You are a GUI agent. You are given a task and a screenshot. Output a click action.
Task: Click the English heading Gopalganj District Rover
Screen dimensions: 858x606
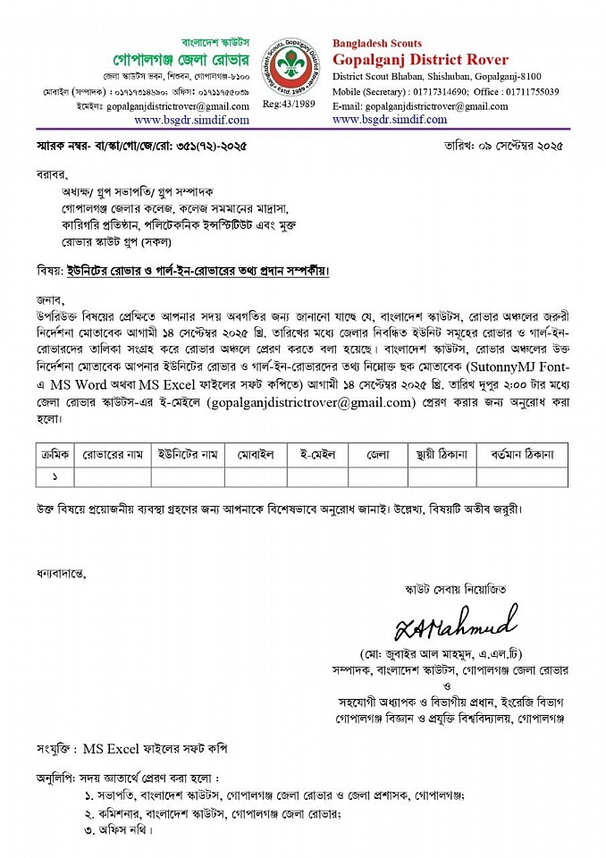click(x=420, y=60)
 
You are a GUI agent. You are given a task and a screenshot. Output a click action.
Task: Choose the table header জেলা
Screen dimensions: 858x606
click(x=377, y=455)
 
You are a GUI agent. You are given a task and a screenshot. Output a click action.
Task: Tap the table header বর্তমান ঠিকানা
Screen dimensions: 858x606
click(x=522, y=455)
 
